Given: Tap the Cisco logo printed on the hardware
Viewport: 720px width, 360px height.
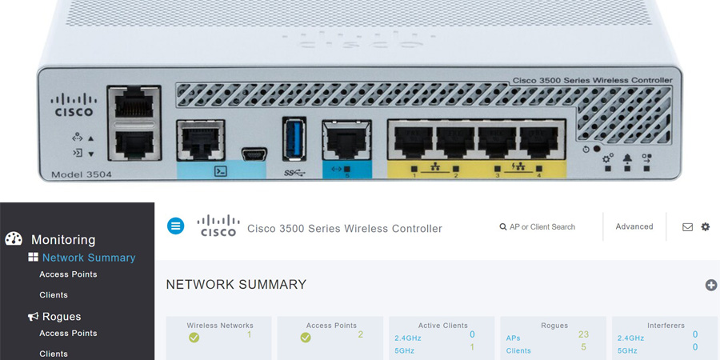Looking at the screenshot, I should (x=74, y=106).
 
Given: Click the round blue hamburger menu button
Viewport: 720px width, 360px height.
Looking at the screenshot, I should (x=175, y=226).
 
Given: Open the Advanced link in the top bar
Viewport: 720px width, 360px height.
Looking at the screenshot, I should (x=634, y=226).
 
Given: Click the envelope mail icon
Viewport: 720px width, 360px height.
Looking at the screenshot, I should (x=687, y=227).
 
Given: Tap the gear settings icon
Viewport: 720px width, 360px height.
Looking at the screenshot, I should (x=706, y=227).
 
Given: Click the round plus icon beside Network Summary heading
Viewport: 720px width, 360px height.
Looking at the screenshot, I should (x=711, y=285).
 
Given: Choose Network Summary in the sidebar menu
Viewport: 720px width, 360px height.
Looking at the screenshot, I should (x=88, y=258).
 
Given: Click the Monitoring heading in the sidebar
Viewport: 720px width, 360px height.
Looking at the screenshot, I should (x=62, y=239).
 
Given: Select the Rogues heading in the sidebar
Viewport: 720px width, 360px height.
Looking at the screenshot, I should (x=62, y=317).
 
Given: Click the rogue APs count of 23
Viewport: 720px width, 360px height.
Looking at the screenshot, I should (x=583, y=334).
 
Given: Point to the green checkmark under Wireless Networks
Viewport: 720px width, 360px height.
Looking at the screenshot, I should (x=194, y=338).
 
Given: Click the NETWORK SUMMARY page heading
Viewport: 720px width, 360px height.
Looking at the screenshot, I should (x=236, y=285).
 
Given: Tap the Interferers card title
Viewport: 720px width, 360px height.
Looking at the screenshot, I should (x=666, y=326).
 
